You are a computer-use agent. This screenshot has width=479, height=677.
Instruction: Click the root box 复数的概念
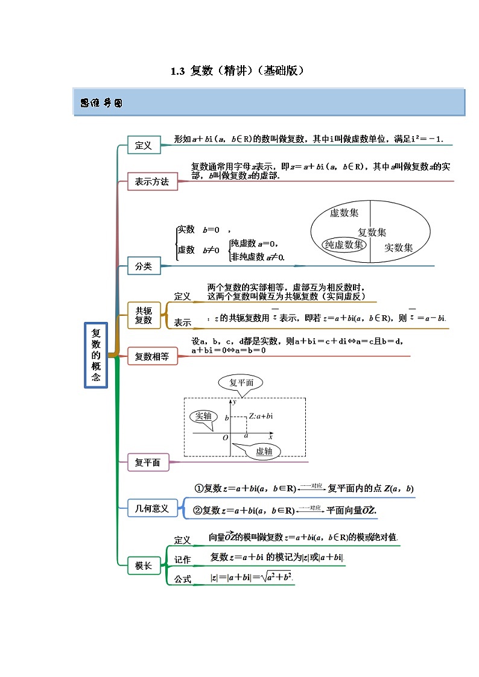point(96,356)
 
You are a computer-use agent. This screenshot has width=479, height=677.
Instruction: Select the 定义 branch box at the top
point(144,145)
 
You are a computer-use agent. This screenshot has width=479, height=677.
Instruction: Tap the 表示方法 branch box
point(152,181)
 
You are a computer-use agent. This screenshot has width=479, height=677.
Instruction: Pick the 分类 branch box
point(144,265)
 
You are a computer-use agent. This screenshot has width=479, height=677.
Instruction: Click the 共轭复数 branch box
point(144,315)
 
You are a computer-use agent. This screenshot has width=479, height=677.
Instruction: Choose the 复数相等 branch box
point(152,357)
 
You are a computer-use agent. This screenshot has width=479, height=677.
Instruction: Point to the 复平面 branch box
point(148,462)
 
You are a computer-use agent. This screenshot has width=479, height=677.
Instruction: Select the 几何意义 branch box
point(152,508)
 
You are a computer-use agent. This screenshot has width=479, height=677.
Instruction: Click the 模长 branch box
point(144,566)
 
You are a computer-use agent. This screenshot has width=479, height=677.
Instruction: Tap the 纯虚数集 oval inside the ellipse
point(344,244)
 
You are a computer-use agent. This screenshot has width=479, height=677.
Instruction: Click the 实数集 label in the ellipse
point(399,247)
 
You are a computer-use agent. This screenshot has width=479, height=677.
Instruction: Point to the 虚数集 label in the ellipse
point(344,213)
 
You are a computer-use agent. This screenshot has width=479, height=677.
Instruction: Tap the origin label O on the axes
point(225,437)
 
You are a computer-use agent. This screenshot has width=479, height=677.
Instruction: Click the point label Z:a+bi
point(261,416)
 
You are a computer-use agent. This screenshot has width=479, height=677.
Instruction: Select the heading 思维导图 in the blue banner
point(101,103)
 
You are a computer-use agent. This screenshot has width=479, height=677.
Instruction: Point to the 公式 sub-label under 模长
point(183,579)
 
